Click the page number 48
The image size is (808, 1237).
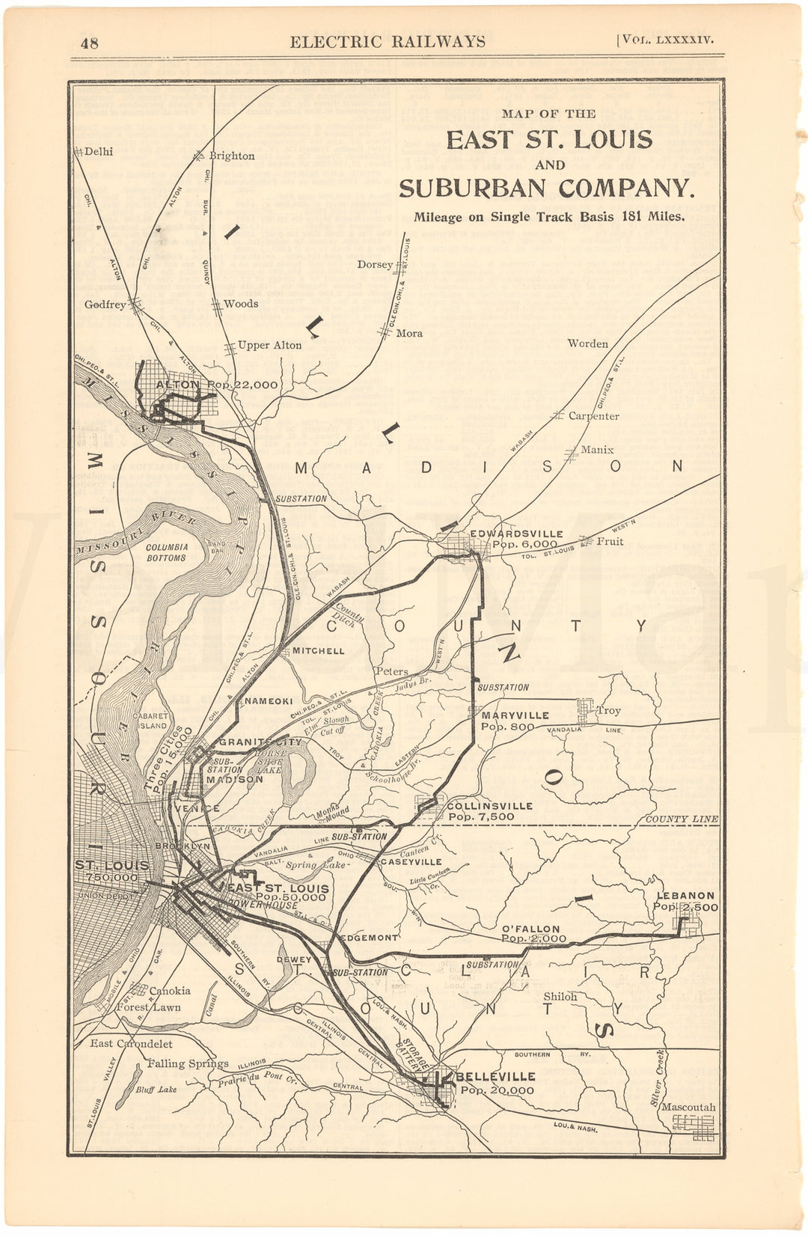tap(90, 42)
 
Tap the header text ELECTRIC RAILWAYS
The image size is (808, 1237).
tap(387, 41)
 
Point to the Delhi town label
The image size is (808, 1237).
tap(98, 151)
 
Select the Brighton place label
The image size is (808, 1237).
tap(231, 156)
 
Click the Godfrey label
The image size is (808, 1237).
tap(105, 305)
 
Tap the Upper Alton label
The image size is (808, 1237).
tap(269, 345)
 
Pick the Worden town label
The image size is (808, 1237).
tap(587, 343)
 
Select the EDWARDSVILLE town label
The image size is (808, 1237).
tap(516, 534)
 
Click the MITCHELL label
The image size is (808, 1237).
tap(318, 650)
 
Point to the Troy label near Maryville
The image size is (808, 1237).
tap(608, 710)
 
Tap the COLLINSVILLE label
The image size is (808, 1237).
tap(490, 805)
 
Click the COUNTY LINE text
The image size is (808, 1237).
tap(681, 819)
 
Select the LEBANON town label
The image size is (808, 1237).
tap(685, 895)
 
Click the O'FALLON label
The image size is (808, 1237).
tap(531, 929)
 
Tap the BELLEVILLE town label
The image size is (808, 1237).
tap(495, 1076)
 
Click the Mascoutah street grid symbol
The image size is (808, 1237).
tap(693, 1123)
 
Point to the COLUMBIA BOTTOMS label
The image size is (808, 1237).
tap(166, 552)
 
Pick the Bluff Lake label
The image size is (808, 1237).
tap(156, 1089)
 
